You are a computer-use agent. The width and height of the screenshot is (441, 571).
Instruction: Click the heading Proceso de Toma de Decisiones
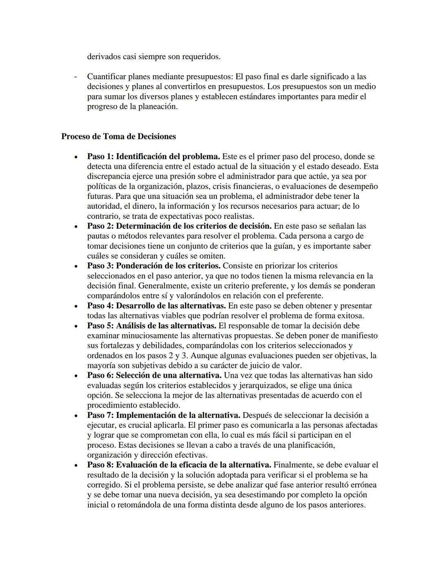click(x=118, y=137)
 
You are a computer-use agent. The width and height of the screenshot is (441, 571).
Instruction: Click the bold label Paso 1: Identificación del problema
click(x=154, y=157)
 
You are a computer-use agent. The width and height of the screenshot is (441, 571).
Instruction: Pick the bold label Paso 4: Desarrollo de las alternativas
click(x=156, y=306)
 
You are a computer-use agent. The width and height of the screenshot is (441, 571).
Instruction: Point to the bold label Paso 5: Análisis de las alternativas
click(x=151, y=326)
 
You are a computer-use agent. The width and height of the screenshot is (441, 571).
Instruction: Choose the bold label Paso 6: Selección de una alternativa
click(x=154, y=375)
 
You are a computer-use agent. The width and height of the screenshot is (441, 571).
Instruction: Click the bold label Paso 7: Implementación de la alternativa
click(x=163, y=415)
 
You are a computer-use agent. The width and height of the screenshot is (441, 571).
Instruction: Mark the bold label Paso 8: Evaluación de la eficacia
click(x=179, y=465)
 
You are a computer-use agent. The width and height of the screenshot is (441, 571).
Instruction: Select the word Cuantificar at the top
click(x=107, y=76)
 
